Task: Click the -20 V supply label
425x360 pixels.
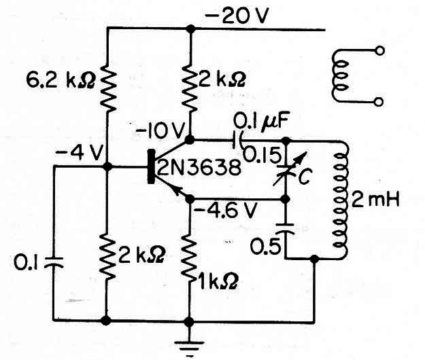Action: click(x=237, y=16)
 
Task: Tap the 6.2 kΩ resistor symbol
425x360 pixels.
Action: click(x=108, y=88)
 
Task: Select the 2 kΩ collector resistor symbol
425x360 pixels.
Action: click(x=191, y=88)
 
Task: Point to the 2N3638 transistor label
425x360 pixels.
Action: click(x=199, y=167)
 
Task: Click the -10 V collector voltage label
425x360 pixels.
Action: click(x=160, y=131)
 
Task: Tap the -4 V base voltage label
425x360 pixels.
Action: click(x=79, y=153)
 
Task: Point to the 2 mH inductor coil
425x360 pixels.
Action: click(x=340, y=200)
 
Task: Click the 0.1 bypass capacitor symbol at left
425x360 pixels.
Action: click(x=54, y=262)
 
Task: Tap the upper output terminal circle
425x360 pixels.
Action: click(x=379, y=51)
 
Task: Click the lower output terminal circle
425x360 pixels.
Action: click(x=379, y=102)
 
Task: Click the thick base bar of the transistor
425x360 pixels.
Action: click(x=151, y=166)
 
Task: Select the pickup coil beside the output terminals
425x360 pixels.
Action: click(x=339, y=76)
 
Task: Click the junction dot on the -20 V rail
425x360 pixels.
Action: click(x=191, y=29)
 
